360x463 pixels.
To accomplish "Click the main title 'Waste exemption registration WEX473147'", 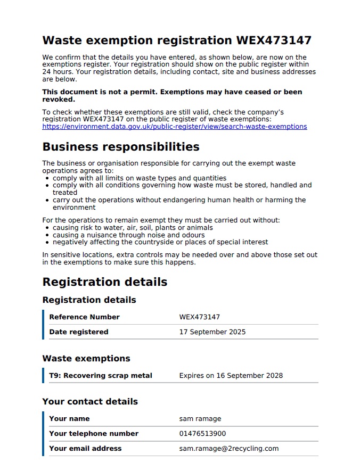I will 176,40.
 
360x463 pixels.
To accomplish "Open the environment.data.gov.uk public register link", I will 174,127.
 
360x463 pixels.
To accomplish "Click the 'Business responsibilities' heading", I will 120,146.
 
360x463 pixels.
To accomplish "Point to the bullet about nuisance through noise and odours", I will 128,235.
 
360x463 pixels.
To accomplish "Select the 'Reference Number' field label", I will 84,317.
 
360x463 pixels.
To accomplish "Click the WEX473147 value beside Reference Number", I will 199,317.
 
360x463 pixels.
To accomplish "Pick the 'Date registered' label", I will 78,332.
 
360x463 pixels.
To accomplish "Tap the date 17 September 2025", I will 212,332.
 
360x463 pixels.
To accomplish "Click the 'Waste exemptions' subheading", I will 86,358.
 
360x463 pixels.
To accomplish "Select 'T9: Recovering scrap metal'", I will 100,376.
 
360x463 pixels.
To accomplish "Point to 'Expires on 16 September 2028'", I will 231,376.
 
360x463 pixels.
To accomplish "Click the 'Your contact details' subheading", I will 90,401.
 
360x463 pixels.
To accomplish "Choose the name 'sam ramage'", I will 200,419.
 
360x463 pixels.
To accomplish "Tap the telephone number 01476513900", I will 202,434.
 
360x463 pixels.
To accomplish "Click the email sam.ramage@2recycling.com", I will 228,449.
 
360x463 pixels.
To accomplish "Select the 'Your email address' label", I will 85,449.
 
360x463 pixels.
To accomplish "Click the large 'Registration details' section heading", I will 104,282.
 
